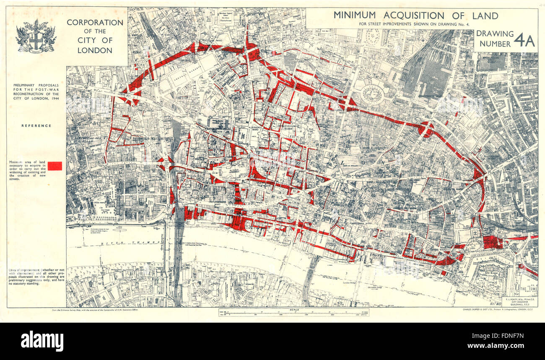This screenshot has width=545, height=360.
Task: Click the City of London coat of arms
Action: coord(36,37)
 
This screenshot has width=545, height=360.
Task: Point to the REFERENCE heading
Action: coord(36,125)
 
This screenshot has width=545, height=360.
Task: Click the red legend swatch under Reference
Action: coord(55,166)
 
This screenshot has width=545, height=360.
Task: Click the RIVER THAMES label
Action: coord(134,243)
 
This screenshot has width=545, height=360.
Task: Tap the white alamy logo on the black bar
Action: coord(42,340)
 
